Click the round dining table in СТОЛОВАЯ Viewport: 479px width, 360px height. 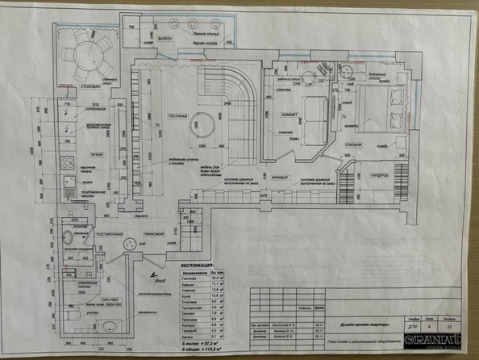coord(87,52)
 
